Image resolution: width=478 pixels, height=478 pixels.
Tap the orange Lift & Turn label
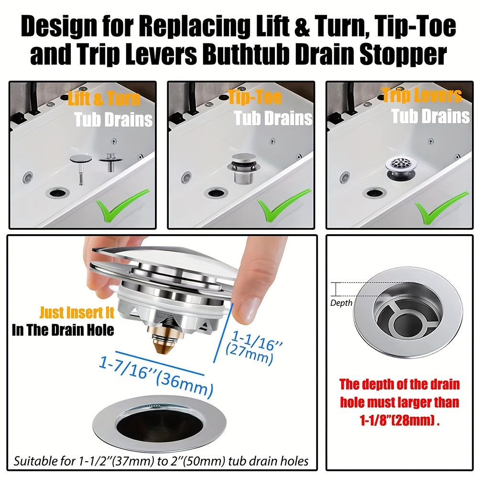105,99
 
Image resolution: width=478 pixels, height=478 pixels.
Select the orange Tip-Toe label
255,98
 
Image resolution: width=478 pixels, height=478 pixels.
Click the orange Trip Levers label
422,96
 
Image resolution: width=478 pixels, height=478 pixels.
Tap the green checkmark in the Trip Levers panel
435,204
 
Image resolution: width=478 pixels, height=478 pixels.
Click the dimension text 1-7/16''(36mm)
156,377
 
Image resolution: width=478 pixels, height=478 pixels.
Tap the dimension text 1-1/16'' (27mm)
253,345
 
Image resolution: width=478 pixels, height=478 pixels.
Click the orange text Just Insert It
77,313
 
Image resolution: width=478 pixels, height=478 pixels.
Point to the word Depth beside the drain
341,303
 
